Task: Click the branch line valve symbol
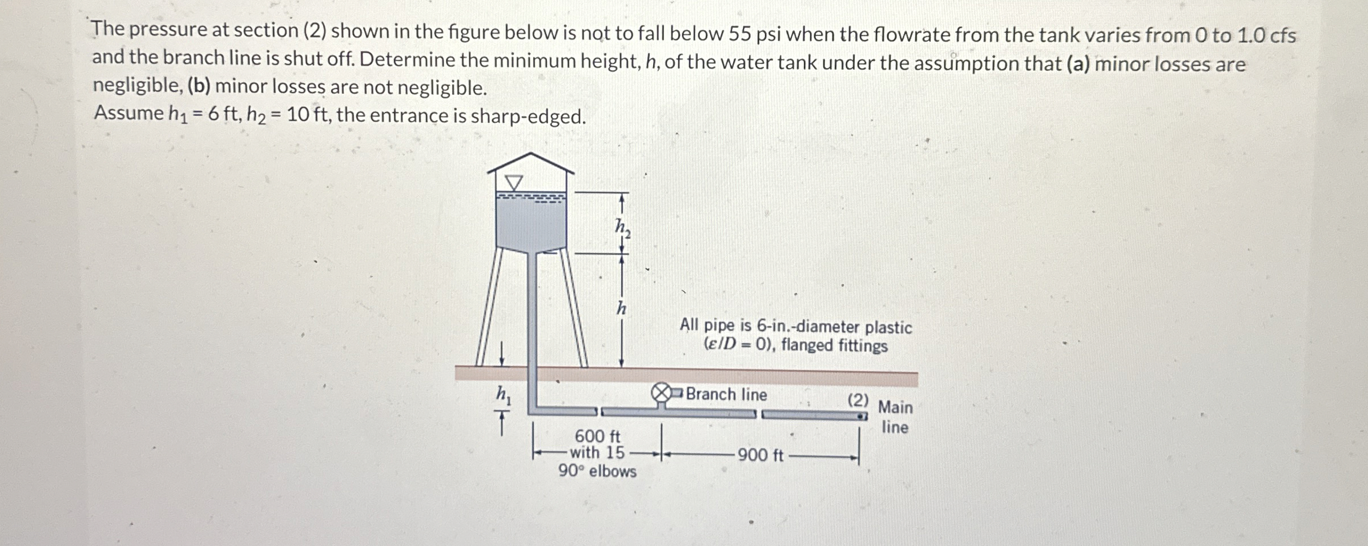661,394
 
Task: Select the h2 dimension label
622,228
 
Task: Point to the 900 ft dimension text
761,455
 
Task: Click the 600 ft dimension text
597,436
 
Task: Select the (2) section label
858,400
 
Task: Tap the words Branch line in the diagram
726,394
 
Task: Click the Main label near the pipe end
895,407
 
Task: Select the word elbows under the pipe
613,472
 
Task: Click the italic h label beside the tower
621,309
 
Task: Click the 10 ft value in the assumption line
305,115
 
